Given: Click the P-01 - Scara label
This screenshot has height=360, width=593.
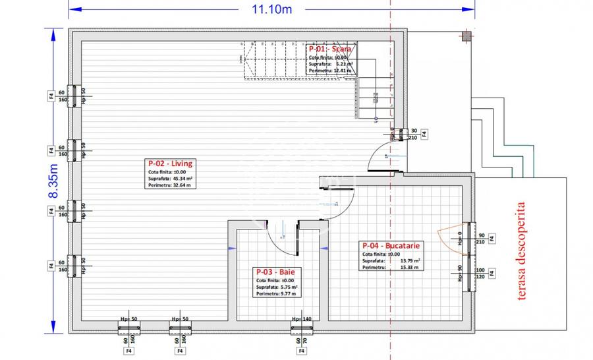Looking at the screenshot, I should tap(331, 49).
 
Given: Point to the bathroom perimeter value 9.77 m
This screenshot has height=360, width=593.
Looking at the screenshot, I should tap(289, 293).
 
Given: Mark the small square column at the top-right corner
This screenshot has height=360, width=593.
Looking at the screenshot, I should tap(466, 37).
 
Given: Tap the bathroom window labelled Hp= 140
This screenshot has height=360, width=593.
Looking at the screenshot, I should tap(301, 326).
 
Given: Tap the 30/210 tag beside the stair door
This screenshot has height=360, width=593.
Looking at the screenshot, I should tap(414, 134).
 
